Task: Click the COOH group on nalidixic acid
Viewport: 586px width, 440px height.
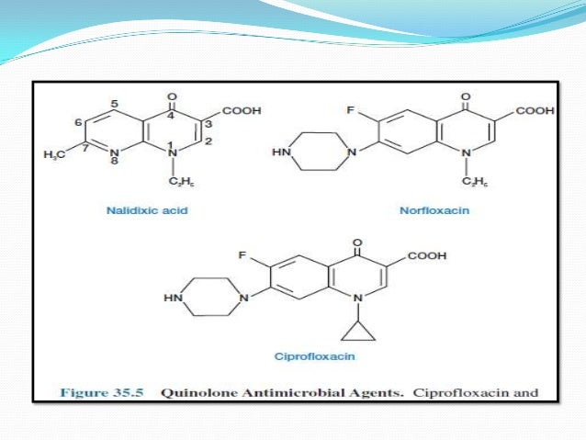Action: pyautogui.click(x=242, y=111)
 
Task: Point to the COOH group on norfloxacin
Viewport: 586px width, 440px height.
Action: pyautogui.click(x=535, y=111)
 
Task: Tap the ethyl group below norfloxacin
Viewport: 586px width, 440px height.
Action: pyautogui.click(x=477, y=182)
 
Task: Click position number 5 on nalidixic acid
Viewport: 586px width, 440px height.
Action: pyautogui.click(x=115, y=104)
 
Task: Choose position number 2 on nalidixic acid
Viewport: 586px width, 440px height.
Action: pyautogui.click(x=208, y=140)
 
